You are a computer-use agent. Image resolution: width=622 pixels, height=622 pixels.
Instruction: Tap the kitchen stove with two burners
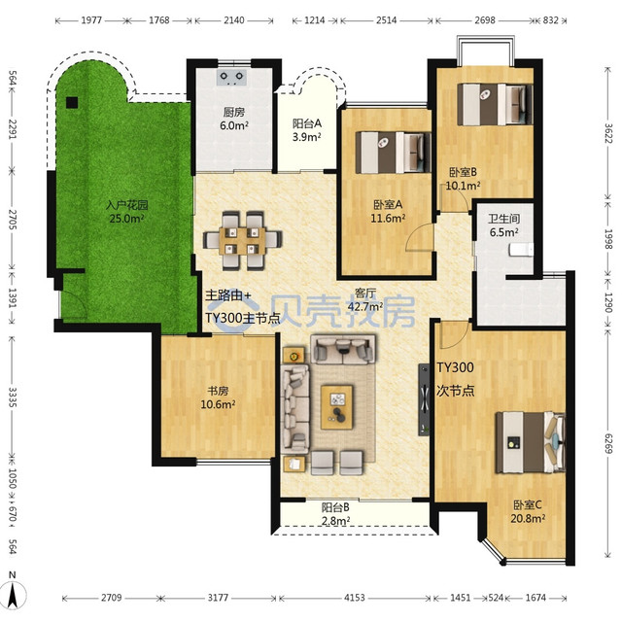[x=232, y=78]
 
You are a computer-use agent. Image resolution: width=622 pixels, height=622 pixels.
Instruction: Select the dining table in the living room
[x=242, y=241]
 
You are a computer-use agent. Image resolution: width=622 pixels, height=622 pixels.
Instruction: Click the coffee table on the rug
[x=337, y=407]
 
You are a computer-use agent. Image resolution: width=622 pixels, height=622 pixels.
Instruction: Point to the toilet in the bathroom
[x=521, y=250]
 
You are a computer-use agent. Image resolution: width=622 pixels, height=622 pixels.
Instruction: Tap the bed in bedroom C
[x=531, y=442]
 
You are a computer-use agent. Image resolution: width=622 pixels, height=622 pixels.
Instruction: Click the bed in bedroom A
[x=393, y=153]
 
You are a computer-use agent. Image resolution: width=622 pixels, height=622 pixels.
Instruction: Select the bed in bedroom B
[x=495, y=104]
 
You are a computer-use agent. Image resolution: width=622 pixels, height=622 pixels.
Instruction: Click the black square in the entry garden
[x=72, y=103]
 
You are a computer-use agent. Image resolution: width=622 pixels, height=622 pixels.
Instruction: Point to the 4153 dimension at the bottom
[x=354, y=597]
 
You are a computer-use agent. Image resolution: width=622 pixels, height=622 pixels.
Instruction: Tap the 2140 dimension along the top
[x=234, y=19]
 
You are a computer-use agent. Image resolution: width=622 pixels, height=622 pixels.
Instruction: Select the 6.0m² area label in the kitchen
[x=234, y=125]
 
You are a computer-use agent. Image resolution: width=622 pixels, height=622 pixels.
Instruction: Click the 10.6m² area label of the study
[x=218, y=404]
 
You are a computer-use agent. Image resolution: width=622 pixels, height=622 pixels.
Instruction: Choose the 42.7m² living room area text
[x=365, y=306]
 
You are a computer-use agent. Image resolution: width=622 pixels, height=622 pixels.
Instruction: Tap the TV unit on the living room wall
[x=424, y=399]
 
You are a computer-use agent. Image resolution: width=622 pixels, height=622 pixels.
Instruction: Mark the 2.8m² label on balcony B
[x=335, y=521]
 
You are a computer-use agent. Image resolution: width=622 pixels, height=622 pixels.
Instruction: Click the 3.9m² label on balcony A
[x=307, y=137]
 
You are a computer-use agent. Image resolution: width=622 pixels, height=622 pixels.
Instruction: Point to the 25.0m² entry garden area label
[x=126, y=218]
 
